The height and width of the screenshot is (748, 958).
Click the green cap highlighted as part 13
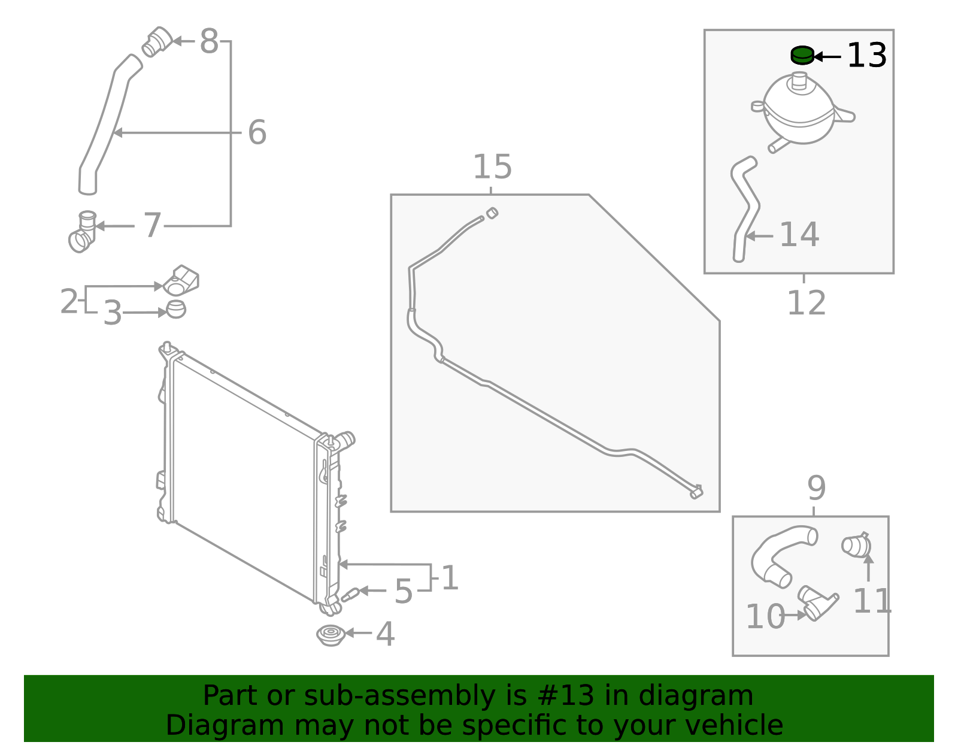(802, 56)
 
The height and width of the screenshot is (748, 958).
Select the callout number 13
(866, 56)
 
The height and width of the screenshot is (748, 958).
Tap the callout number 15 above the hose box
(492, 167)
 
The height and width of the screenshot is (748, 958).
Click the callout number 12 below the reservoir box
(806, 303)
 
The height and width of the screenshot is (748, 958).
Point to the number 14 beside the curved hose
(799, 235)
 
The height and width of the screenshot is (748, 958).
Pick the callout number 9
(816, 489)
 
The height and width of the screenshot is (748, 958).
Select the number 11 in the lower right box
(872, 601)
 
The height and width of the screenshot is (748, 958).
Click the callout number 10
(765, 617)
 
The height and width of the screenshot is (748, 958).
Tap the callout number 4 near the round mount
(385, 634)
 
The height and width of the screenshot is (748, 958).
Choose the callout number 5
(404, 592)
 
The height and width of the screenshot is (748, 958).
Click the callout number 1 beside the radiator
(450, 579)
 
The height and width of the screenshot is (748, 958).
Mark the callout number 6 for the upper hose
(257, 132)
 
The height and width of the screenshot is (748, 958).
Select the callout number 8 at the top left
(209, 42)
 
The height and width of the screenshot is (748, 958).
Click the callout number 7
(153, 226)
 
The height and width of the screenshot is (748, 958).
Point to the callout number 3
(113, 313)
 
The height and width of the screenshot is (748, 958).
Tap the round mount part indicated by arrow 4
(331, 635)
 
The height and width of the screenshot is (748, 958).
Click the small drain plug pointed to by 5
(350, 594)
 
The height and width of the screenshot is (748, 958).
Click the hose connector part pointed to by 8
(157, 42)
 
